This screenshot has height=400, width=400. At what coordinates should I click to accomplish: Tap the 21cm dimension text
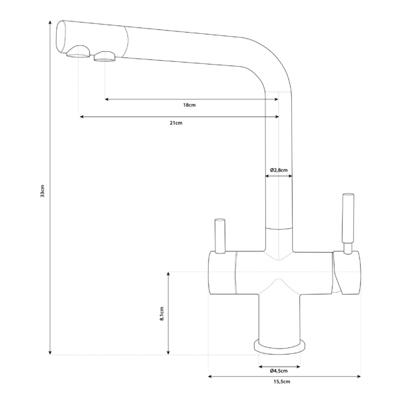click(x=176, y=123)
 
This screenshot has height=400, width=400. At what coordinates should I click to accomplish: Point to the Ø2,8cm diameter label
click(x=279, y=170)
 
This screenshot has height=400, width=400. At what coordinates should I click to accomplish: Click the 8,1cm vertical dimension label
click(x=162, y=314)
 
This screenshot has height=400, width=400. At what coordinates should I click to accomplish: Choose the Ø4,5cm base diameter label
click(x=279, y=370)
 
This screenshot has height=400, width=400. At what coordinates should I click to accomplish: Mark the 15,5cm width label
click(x=282, y=382)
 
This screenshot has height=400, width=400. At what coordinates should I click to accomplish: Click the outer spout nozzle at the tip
click(x=79, y=54)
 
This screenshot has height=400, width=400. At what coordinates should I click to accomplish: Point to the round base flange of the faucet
click(x=279, y=345)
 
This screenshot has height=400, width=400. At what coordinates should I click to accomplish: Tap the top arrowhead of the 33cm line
click(x=51, y=21)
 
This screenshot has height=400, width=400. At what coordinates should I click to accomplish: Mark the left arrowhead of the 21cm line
click(x=81, y=117)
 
